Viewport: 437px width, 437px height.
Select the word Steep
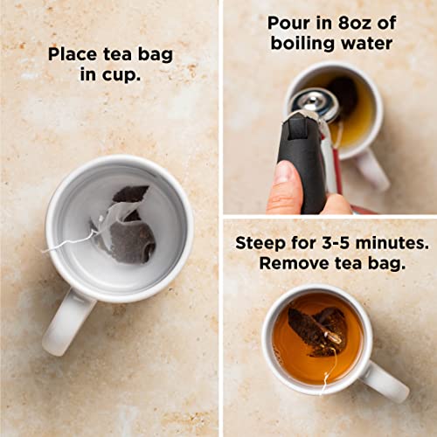(260, 243)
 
